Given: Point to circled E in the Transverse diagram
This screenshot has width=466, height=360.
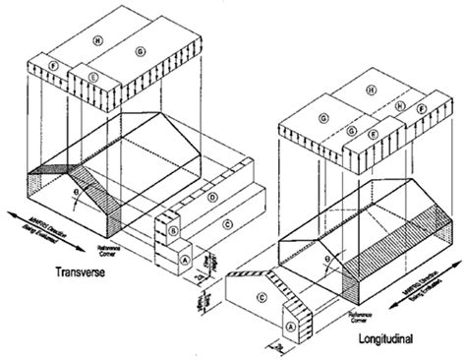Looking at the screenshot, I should tap(91, 76).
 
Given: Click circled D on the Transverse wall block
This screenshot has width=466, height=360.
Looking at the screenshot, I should tap(211, 200).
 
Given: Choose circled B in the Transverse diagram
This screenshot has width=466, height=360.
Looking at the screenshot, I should tap(173, 230).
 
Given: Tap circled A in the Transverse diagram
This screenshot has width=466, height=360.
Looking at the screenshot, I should tap(184, 259).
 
